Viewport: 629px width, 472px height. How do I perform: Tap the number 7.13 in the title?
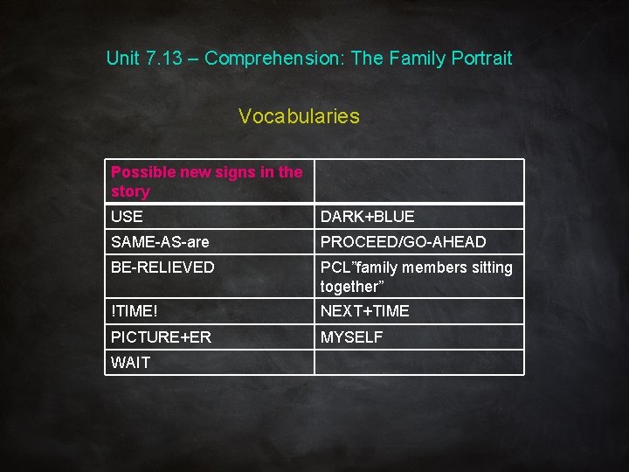166,59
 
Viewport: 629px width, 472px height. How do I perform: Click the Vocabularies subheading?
299,116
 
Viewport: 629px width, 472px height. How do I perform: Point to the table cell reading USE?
128,216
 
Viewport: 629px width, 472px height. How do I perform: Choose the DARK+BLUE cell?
367,216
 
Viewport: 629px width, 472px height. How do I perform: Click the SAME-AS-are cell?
160,242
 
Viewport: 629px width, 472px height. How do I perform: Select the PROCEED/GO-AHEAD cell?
403,242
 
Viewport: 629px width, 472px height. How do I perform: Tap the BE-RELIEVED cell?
162,267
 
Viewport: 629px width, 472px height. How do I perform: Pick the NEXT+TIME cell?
364,311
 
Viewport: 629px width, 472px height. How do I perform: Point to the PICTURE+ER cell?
161,337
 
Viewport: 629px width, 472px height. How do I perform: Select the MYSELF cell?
351,337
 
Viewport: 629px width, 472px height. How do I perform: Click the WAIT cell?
131,363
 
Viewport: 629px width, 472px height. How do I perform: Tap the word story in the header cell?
130,191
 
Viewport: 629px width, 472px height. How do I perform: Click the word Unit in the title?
122,59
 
